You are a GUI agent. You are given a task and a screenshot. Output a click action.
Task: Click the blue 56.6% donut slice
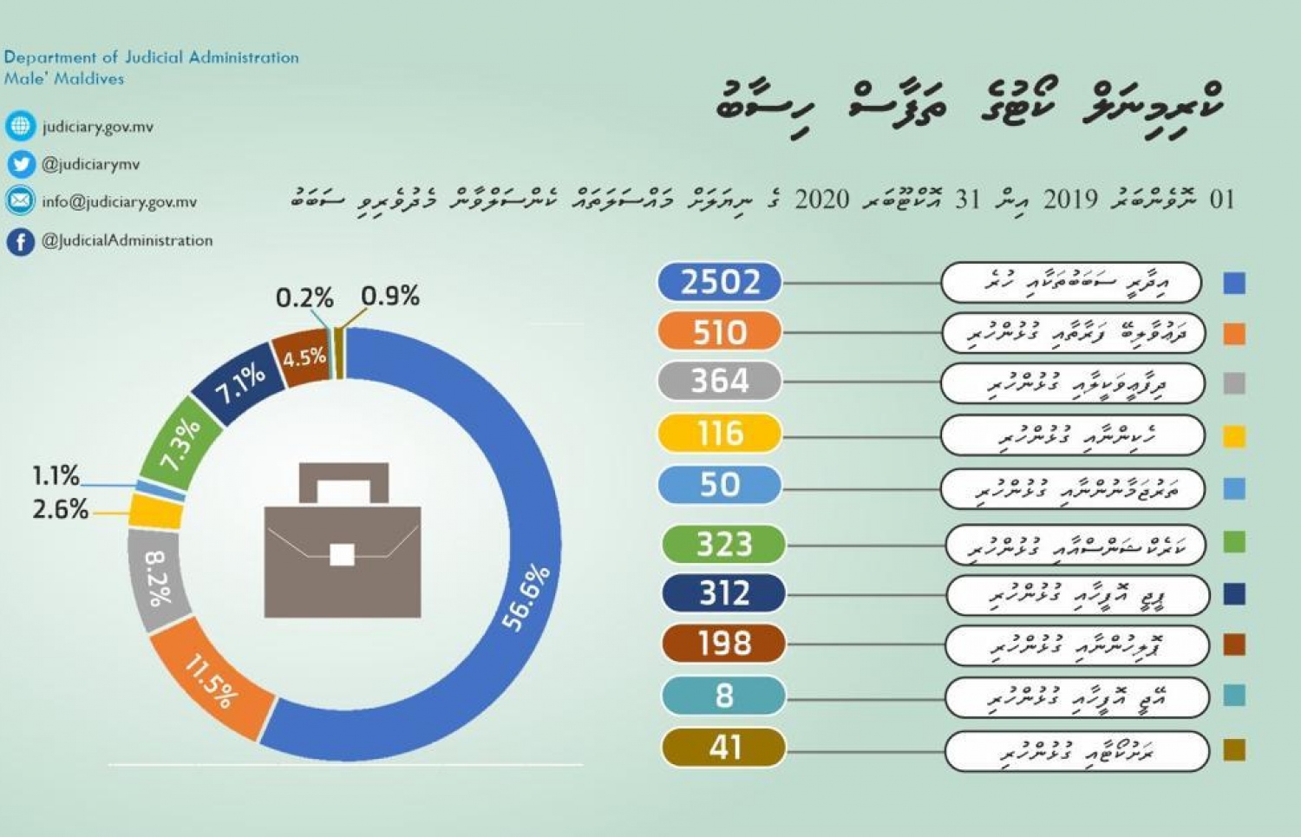pos(525,598)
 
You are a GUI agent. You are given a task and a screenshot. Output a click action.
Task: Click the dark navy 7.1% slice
pos(238,384)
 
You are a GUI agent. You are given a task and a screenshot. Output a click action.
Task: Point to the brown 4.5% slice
pos(303,356)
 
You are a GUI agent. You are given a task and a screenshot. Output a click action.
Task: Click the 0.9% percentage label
pos(390,297)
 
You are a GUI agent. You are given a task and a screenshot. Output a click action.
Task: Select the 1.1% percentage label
pos(56,475)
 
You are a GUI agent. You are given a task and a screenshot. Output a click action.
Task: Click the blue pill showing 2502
pos(719,282)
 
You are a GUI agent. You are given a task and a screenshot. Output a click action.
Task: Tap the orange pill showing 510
pos(719,332)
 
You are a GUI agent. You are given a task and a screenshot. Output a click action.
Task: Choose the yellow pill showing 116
pos(719,433)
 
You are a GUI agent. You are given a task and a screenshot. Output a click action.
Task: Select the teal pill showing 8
pos(723,696)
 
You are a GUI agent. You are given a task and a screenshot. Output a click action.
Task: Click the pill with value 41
pos(723,748)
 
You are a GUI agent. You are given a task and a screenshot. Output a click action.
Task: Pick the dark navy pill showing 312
pos(723,593)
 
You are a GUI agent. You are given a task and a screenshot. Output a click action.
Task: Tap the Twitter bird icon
pos(20,164)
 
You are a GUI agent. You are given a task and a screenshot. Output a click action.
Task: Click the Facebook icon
pos(20,241)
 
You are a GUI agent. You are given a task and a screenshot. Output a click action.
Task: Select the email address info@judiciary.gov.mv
pos(120,202)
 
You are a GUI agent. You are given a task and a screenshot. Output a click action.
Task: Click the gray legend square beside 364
pos(1233,383)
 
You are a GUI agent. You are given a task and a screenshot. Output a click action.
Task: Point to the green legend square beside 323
pos(1233,542)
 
